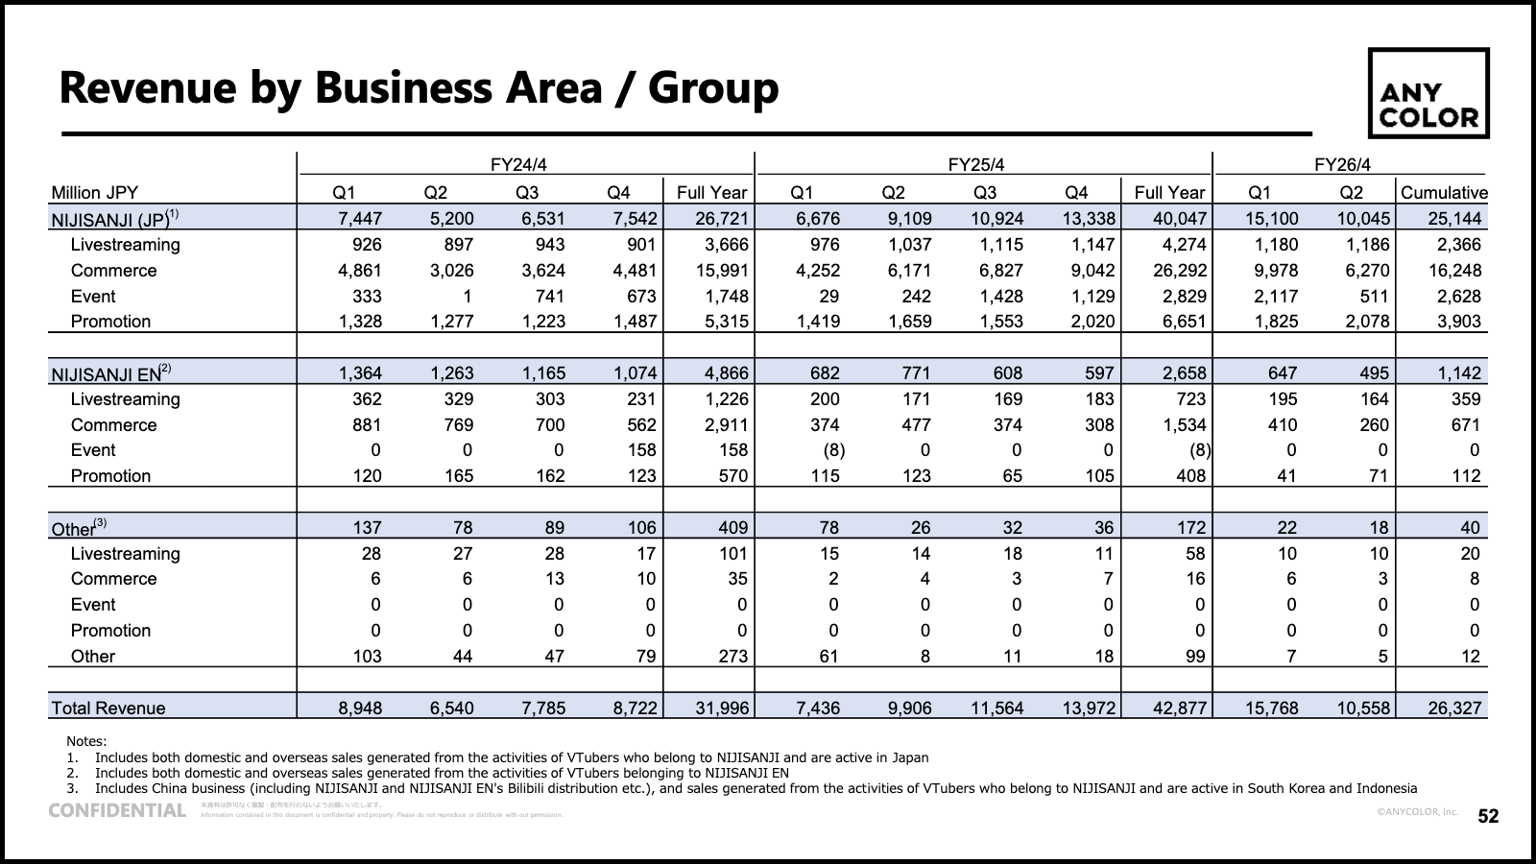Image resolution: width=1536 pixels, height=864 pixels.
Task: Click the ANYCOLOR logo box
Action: pyautogui.click(x=1428, y=93)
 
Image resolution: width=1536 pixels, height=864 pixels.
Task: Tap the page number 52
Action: pyautogui.click(x=1488, y=816)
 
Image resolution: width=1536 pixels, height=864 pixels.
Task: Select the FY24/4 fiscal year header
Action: pyautogui.click(x=525, y=164)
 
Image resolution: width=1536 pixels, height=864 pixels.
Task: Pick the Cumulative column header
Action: pyautogui.click(x=1443, y=192)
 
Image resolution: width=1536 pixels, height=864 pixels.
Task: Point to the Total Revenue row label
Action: pyautogui.click(x=108, y=708)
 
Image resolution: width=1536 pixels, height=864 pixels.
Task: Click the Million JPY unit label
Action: pyautogui.click(x=94, y=192)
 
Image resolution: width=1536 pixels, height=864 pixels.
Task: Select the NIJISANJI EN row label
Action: pyautogui.click(x=106, y=373)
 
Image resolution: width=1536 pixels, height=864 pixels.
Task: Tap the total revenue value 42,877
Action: pyautogui.click(x=1180, y=708)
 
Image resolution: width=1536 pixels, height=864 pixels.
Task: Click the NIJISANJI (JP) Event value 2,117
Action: pyautogui.click(x=1275, y=297)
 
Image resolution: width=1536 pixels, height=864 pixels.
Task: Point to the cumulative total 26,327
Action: pyautogui.click(x=1454, y=708)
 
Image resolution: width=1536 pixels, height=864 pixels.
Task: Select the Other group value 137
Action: pyautogui.click(x=367, y=527)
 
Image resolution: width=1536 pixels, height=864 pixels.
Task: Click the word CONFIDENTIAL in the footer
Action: pyautogui.click(x=117, y=810)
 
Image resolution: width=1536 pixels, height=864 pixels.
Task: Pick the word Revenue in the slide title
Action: pyautogui.click(x=147, y=87)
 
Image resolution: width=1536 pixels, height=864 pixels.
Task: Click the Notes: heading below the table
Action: pyautogui.click(x=86, y=741)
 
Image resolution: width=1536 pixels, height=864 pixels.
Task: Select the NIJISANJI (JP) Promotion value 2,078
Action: pyautogui.click(x=1367, y=322)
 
